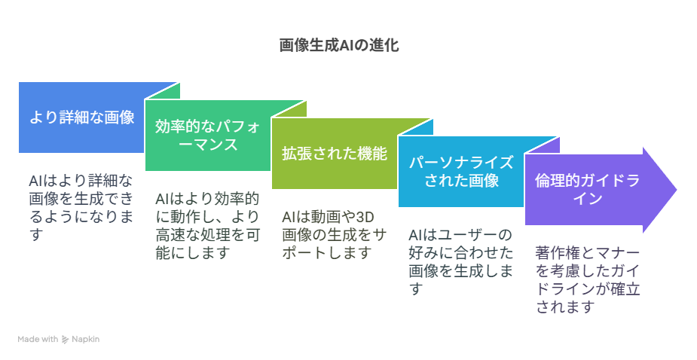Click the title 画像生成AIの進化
(x=339, y=45)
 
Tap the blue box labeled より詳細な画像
(x=81, y=117)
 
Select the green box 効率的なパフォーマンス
(x=208, y=136)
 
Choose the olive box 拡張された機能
(x=335, y=154)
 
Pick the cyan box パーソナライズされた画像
(x=461, y=172)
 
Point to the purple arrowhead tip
(x=677, y=190)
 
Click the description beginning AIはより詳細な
(x=81, y=208)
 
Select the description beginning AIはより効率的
(x=207, y=226)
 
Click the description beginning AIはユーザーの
(x=461, y=262)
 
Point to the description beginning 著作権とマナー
(x=588, y=280)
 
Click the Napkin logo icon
(x=65, y=340)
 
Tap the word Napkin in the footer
(x=86, y=339)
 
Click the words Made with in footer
(x=38, y=339)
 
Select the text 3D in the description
(x=365, y=217)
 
